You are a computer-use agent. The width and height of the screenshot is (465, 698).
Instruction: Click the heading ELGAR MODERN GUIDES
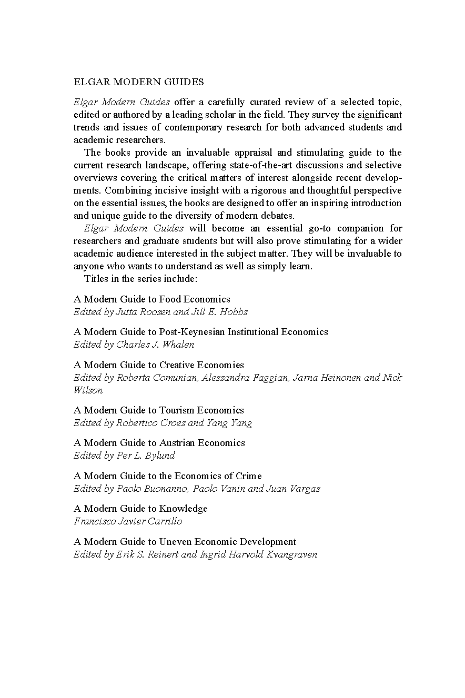click(139, 82)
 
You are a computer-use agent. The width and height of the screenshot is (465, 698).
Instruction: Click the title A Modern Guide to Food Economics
click(152, 299)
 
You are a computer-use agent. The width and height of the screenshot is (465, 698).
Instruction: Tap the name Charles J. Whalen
click(155, 345)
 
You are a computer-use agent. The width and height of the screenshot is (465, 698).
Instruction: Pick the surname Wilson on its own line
click(88, 390)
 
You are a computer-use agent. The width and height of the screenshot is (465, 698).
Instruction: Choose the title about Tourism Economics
click(159, 410)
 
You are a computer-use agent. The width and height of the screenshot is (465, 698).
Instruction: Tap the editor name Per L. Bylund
click(146, 456)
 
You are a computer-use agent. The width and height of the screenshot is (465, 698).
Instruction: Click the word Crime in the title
click(249, 476)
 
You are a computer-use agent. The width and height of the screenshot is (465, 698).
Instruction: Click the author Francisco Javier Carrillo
click(128, 521)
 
